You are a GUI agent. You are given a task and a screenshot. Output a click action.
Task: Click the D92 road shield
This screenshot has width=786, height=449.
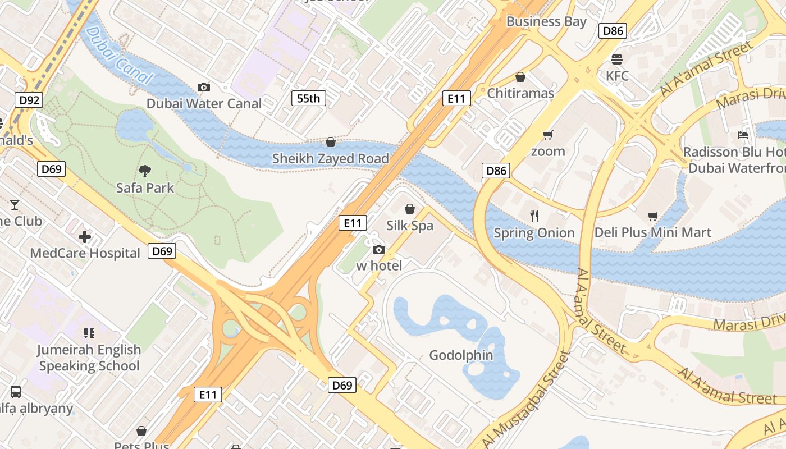pyautogui.click(x=29, y=100)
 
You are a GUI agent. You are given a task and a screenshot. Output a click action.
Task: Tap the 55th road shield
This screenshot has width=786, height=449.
pyautogui.click(x=308, y=99)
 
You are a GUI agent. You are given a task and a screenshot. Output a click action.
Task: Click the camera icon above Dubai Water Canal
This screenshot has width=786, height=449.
pyautogui.click(x=204, y=87)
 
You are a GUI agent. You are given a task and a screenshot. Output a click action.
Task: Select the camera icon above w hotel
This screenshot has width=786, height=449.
pyautogui.click(x=379, y=249)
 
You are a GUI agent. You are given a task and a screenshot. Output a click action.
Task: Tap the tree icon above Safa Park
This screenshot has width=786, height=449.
pyautogui.click(x=145, y=171)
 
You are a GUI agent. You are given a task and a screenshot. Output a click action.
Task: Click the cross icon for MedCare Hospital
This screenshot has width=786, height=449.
pyautogui.click(x=85, y=237)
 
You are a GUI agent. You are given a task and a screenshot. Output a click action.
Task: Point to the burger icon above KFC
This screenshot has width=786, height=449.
pyautogui.click(x=617, y=59)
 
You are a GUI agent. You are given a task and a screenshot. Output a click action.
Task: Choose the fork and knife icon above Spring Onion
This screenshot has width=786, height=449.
pyautogui.click(x=534, y=216)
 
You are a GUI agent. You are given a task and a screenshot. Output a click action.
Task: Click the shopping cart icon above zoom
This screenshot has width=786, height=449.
pyautogui.click(x=548, y=135)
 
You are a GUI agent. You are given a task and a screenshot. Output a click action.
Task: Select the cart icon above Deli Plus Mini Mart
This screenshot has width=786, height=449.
pyautogui.click(x=652, y=216)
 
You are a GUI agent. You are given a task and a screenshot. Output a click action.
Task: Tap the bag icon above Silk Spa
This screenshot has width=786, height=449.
pyautogui.click(x=410, y=209)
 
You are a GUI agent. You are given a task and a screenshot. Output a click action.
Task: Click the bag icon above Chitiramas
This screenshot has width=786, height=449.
pyautogui.click(x=520, y=76)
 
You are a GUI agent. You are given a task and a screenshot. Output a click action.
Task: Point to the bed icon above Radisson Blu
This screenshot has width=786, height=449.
pyautogui.click(x=742, y=135)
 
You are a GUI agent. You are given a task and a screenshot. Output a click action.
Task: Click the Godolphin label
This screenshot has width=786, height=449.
pyautogui.click(x=461, y=355)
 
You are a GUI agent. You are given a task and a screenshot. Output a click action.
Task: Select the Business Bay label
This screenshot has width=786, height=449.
pyautogui.click(x=546, y=22)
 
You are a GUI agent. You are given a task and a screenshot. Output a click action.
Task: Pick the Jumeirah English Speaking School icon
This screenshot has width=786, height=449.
pyautogui.click(x=89, y=333)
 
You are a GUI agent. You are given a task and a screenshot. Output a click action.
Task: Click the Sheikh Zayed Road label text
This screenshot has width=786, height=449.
pyautogui.click(x=330, y=159)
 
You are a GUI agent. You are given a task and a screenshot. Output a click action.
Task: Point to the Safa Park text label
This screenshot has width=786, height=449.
pyautogui.click(x=145, y=187)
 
